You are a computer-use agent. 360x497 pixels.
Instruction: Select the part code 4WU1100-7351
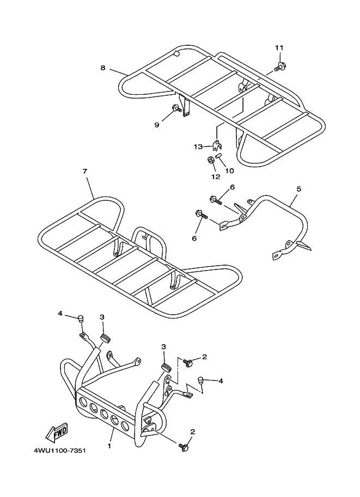pos(60,451)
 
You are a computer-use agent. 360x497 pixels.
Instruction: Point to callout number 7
pos(85,171)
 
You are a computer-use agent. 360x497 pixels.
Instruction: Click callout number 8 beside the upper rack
pos(102,68)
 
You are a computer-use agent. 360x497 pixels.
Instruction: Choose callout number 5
pos(298,189)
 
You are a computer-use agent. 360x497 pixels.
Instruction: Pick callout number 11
pos(279,48)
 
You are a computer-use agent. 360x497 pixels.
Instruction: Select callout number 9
pos(156,125)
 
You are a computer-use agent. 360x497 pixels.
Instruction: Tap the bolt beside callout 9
pos(176,109)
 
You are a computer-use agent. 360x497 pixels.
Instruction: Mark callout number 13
pos(198,146)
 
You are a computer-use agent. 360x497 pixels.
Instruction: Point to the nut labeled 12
pos(210,160)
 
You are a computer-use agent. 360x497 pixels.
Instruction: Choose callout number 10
pos(229,170)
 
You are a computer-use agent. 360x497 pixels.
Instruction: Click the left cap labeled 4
pos(81,318)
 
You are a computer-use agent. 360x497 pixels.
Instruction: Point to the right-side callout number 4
pos(221,381)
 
